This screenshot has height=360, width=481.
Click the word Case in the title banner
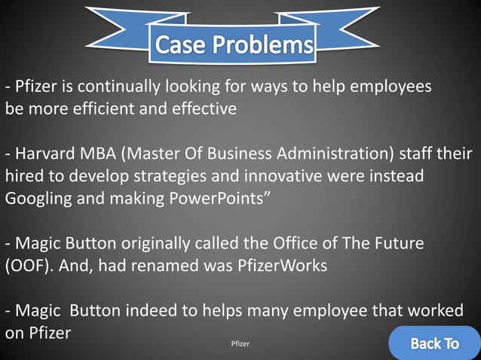[179, 45]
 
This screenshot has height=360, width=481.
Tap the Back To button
[434, 344]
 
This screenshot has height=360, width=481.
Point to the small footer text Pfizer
[240, 343]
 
